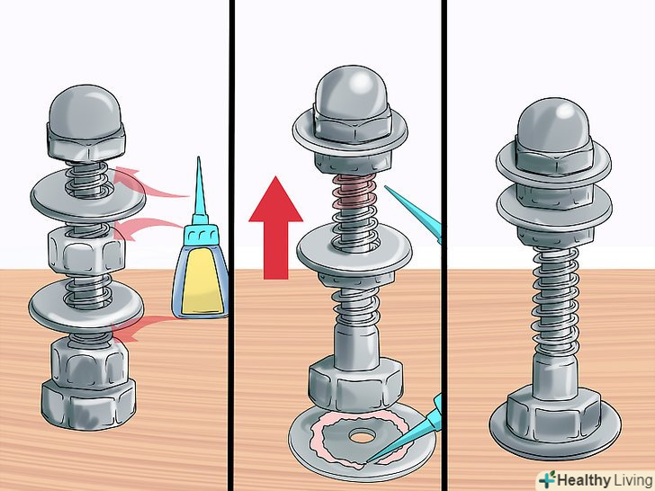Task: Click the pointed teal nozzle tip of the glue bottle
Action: coord(199,159)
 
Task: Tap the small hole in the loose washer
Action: coord(362,438)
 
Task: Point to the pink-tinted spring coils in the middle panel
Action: coord(354,192)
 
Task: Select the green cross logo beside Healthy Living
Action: coord(547,479)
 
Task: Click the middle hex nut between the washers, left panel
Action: coord(86,252)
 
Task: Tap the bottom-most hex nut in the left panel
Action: coord(88,403)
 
